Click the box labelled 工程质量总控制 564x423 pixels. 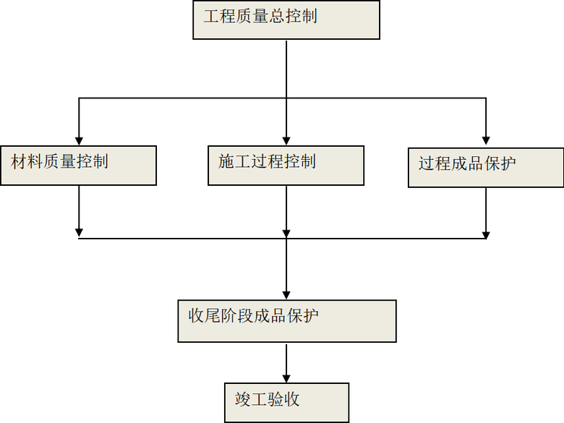[x=286, y=20]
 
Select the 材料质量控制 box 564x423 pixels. [x=78, y=165]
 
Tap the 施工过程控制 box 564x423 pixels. [x=286, y=165]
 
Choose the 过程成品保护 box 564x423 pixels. [x=486, y=168]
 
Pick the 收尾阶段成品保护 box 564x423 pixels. [x=286, y=321]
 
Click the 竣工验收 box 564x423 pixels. [x=286, y=403]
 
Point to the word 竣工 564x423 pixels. [x=251, y=399]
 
